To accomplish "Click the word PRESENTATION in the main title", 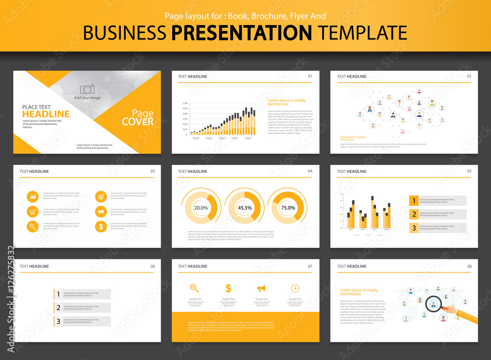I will coord(241,32).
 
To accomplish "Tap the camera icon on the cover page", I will coord(87,89).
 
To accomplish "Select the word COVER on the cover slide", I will coord(137,122).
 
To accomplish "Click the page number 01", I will coord(310,77).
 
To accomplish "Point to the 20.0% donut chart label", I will coord(201,208).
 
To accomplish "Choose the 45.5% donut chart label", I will coord(245,208).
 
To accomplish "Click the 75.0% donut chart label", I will coord(288,208).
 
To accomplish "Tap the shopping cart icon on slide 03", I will coord(32,212).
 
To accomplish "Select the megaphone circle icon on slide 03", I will coord(101,212).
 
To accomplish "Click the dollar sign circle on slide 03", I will coord(101,226).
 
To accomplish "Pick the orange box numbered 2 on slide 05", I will coord(414,214).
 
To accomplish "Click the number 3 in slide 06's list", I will coord(58,321).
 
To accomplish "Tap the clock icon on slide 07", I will coord(295,288).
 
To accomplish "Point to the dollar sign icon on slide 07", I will coord(228,288).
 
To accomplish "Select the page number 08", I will coord(469,266).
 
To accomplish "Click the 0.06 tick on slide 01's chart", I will coord(185,103).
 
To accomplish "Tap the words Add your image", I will coord(87,98).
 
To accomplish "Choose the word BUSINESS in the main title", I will coord(124,32).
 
